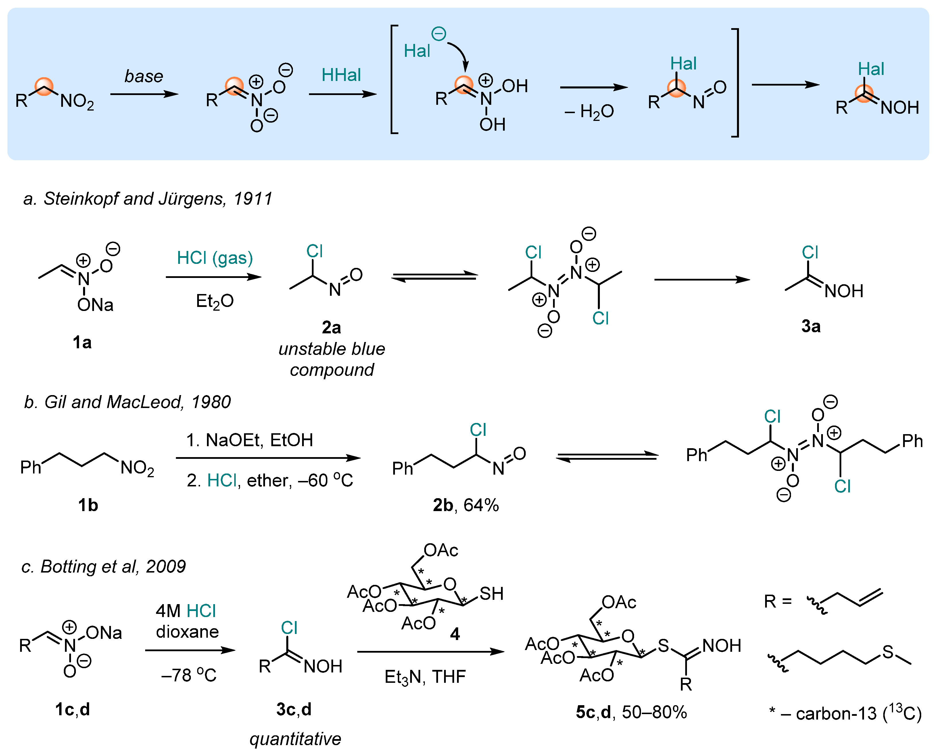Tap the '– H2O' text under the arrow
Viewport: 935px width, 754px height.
click(589, 112)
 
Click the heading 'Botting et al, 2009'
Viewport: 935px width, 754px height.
click(103, 567)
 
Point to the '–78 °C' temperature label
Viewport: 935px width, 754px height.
click(189, 675)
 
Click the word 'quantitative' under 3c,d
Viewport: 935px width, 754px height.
click(295, 739)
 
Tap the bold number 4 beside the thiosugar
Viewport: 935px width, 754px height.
click(455, 634)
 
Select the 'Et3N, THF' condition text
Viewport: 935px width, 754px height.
click(425, 677)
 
